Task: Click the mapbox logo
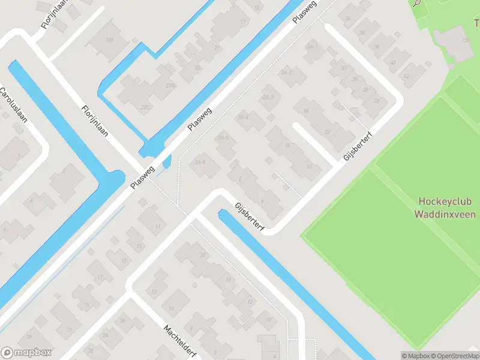click(26, 353)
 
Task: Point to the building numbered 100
click(109, 40)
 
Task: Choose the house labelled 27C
click(145, 107)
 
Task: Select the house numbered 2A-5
click(223, 137)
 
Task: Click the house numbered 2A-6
click(200, 162)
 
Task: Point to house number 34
click(347, 19)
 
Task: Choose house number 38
click(377, 46)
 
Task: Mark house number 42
click(406, 76)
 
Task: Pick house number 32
click(343, 68)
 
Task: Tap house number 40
click(392, 62)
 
